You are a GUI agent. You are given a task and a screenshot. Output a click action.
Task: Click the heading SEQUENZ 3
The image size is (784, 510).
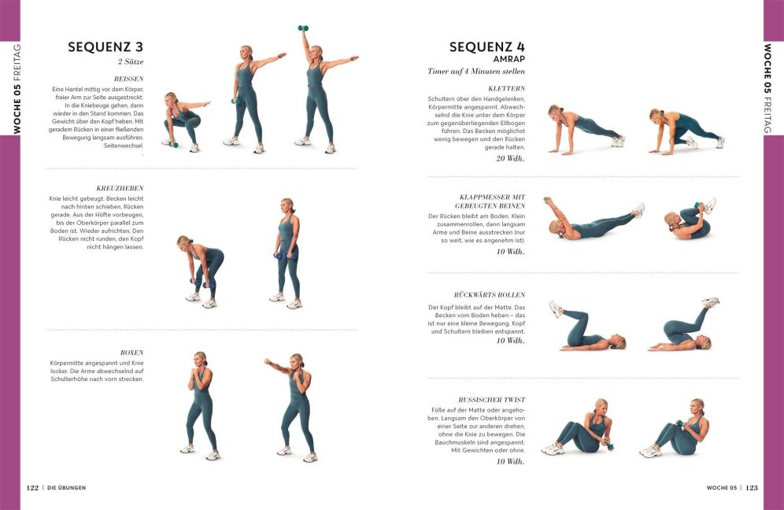[105, 47]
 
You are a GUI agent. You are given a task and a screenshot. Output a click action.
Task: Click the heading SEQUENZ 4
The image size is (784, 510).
[487, 47]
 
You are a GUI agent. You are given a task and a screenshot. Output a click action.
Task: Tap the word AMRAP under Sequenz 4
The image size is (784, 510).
[509, 59]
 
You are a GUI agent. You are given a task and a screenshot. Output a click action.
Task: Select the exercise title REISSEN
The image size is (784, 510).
[128, 79]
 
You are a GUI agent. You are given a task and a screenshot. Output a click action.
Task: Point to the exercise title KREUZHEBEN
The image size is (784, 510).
[120, 189]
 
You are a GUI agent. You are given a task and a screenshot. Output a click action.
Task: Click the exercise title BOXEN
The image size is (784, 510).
[132, 353]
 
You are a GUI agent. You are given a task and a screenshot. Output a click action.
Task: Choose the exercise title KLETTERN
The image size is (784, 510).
[506, 88]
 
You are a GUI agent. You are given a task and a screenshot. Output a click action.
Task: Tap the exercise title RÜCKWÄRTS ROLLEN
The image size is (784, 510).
[490, 295]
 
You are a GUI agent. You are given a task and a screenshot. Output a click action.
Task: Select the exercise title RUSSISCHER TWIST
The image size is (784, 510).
[491, 400]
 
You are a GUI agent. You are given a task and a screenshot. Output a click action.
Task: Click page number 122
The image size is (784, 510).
[32, 487]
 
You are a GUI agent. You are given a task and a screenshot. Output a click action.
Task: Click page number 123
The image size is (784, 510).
[752, 487]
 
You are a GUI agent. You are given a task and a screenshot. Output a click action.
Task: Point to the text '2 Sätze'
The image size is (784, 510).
[131, 62]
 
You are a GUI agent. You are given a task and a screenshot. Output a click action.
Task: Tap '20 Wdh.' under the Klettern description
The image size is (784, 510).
[511, 158]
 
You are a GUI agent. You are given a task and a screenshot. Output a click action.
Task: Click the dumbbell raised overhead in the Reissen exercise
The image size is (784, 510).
[303, 28]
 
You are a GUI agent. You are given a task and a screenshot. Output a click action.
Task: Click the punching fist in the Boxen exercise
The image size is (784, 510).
[268, 361]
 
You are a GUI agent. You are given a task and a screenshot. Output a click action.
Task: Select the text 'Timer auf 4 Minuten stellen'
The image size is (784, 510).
[476, 72]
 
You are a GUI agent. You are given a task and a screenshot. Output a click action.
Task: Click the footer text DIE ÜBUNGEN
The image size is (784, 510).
[66, 487]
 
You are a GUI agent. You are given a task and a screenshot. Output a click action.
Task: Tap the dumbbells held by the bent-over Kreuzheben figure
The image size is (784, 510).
[202, 283]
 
